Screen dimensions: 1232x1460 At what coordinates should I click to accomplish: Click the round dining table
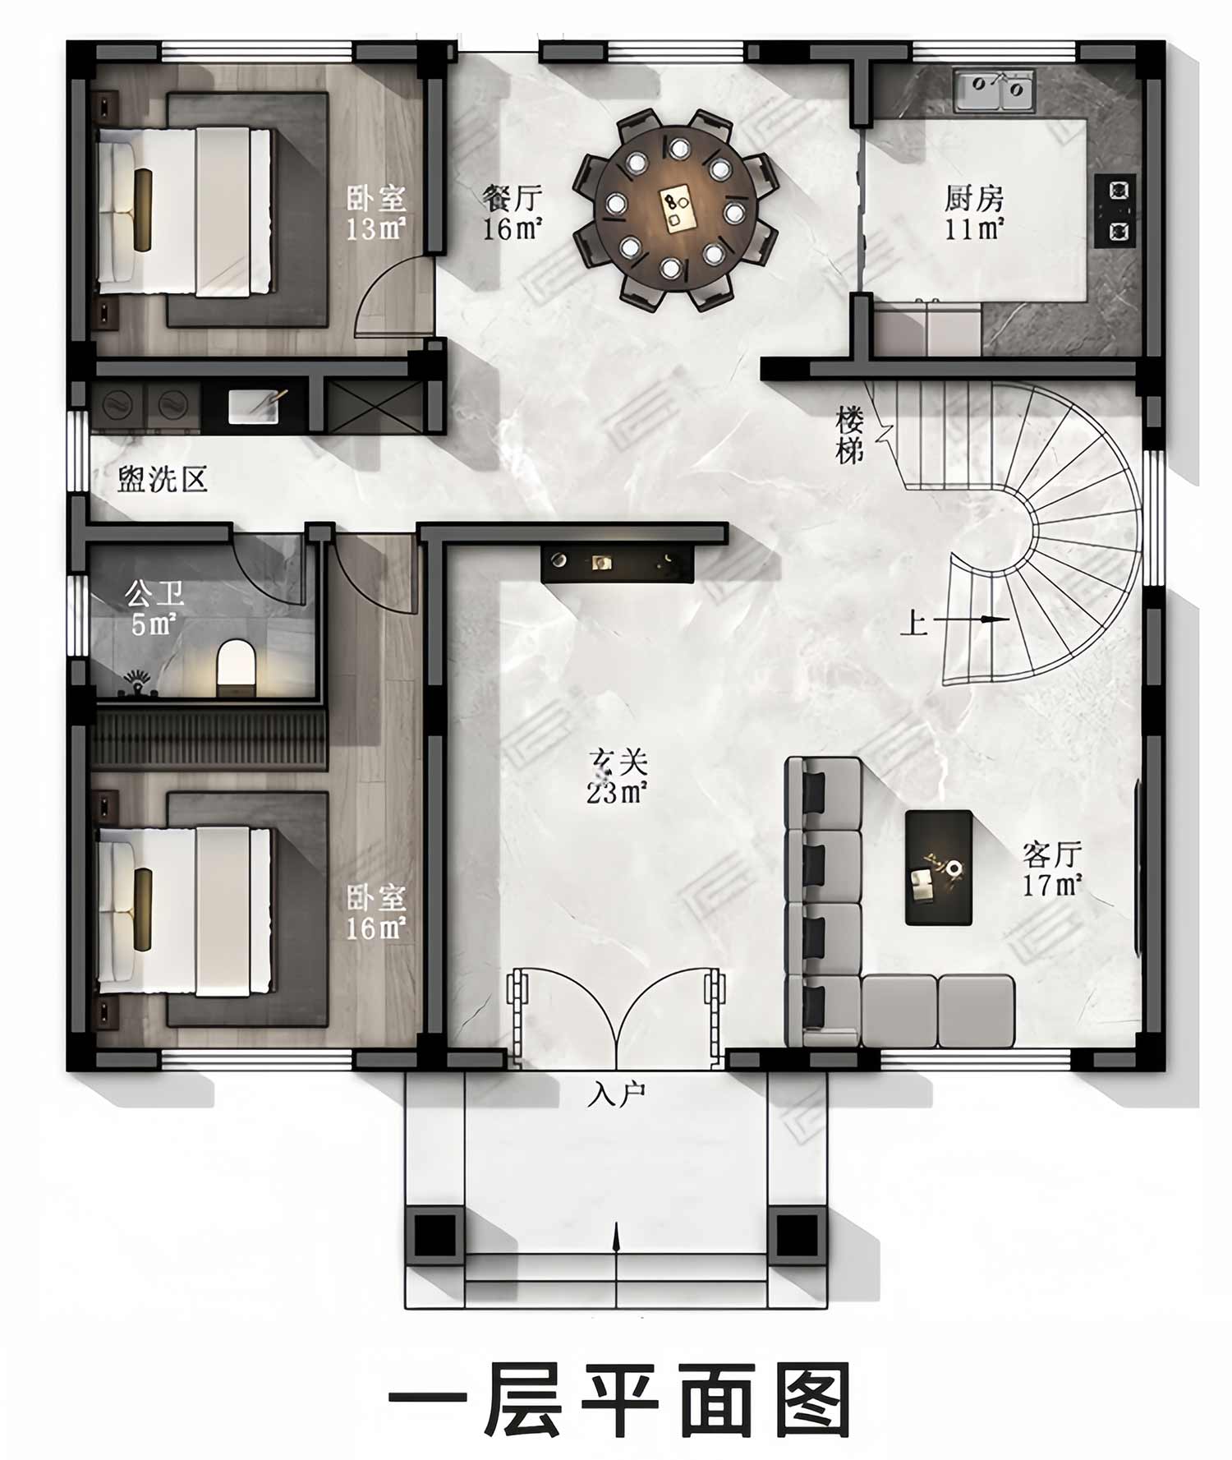[x=674, y=210]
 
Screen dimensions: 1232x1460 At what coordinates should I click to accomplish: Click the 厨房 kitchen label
[x=974, y=198]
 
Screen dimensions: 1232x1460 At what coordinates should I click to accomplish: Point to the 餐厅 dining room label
[x=513, y=198]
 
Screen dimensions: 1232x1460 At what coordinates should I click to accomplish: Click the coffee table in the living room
[x=939, y=868]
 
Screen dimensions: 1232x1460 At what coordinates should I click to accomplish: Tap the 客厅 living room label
[x=1052, y=854]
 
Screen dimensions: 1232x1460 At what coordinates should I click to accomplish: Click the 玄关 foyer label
[x=618, y=762]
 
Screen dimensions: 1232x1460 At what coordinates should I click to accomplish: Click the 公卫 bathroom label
[x=154, y=594]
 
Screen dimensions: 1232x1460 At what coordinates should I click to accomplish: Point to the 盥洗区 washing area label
[x=162, y=479]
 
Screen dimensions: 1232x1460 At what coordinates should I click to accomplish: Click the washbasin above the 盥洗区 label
[x=254, y=407]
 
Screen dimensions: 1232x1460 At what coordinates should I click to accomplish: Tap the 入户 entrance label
[x=617, y=1095]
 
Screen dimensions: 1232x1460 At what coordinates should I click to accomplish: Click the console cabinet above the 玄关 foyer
[x=617, y=564]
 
